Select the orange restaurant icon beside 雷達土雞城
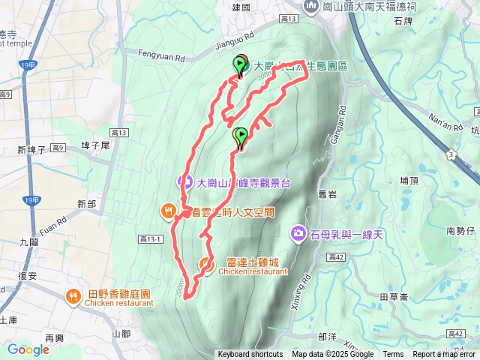click(x=205, y=264)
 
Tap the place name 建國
click(x=241, y=7)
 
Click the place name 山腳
click(x=121, y=333)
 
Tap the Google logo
click(x=28, y=349)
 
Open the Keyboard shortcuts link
click(x=250, y=355)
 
